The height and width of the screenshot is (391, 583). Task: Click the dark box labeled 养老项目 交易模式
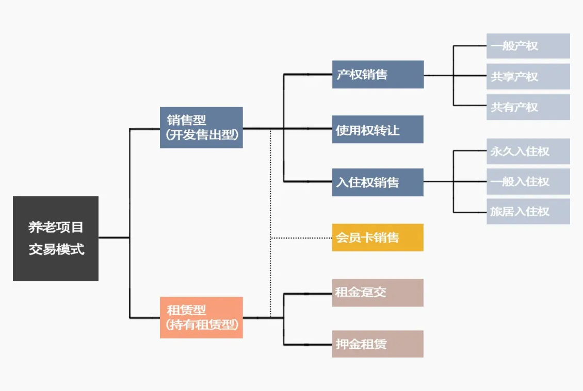coord(56,238)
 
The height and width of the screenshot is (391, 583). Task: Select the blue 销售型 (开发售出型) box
coord(201,128)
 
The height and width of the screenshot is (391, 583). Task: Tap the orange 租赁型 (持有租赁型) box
coord(201,317)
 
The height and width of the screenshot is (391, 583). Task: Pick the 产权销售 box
coord(378,75)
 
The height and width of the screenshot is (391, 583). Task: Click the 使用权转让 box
coord(378,130)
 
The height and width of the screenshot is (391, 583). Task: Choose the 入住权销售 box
coord(378,182)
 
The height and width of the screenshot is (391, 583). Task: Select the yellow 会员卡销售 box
coord(378,237)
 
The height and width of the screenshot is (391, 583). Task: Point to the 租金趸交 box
coord(378,293)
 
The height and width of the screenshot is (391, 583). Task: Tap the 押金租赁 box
coord(378,344)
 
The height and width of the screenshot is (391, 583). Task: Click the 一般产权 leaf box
coord(528,46)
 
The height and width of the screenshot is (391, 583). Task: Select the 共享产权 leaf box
coord(528,76)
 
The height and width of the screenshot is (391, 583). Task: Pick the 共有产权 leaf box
coord(528,107)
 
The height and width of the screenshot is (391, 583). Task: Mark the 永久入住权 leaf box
coord(528,151)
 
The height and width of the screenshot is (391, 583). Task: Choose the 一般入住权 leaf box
coord(528,181)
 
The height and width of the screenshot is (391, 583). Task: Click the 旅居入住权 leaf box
coord(528,211)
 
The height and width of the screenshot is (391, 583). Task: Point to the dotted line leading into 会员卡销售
coord(302,238)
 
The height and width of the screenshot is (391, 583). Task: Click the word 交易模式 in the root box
coord(56,250)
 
